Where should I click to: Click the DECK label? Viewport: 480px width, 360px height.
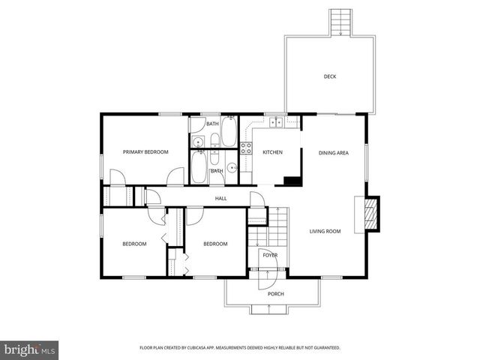(x=330, y=76)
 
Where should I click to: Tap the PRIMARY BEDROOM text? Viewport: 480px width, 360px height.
(x=145, y=152)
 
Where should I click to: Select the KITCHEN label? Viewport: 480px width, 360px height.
(x=272, y=153)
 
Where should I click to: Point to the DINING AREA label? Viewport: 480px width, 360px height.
(x=334, y=153)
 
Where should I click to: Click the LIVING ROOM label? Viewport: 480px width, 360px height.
(x=325, y=231)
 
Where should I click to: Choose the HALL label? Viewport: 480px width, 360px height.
(x=221, y=198)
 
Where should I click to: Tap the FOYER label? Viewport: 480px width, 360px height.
(x=270, y=255)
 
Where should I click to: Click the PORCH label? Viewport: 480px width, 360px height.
(x=276, y=293)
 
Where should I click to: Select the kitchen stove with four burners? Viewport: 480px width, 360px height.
(x=245, y=147)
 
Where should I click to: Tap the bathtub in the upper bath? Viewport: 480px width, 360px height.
(x=229, y=132)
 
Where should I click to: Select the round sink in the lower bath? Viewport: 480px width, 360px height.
(x=233, y=168)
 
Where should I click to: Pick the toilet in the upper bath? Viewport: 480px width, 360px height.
(x=214, y=139)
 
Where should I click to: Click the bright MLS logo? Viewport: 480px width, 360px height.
(x=30, y=349)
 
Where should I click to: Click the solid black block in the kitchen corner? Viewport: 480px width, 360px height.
(x=293, y=181)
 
